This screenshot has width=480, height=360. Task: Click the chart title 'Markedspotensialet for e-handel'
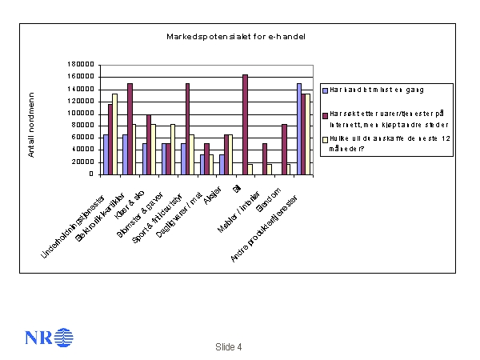(x=236, y=37)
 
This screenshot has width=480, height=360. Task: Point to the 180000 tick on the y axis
(x=82, y=65)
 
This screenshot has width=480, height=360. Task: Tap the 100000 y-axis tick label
(x=82, y=114)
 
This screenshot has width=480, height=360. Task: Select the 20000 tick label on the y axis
(x=85, y=162)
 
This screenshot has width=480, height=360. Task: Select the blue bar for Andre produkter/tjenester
(x=299, y=128)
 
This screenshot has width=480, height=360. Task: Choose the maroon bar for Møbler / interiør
(x=264, y=158)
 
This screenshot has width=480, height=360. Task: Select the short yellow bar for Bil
(x=250, y=169)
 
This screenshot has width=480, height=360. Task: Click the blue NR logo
(x=49, y=337)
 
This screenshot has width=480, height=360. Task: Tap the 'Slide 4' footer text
(x=228, y=346)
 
